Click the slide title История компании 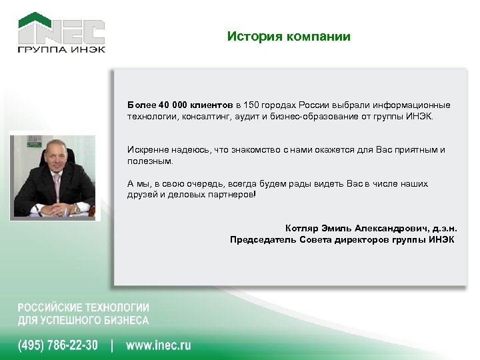288,37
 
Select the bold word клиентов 211,105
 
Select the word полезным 149,161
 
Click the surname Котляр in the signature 303,227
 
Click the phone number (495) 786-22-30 57,345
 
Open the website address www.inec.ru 159,345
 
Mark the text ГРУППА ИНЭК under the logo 61,49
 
